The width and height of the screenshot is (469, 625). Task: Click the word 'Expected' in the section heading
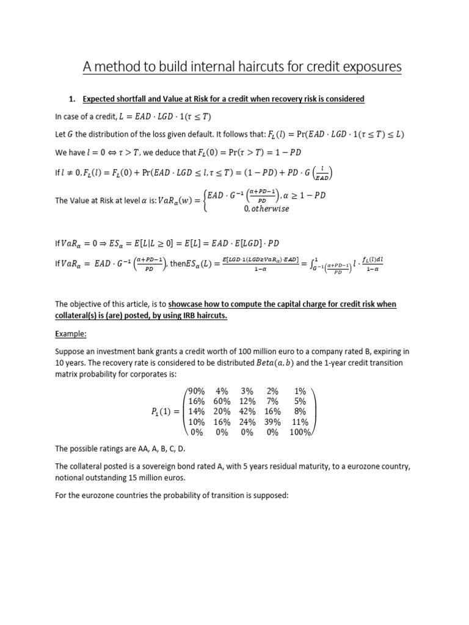click(100, 98)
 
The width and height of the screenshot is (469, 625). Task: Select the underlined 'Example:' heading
click(71, 334)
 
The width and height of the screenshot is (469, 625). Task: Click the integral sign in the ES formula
click(309, 264)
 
